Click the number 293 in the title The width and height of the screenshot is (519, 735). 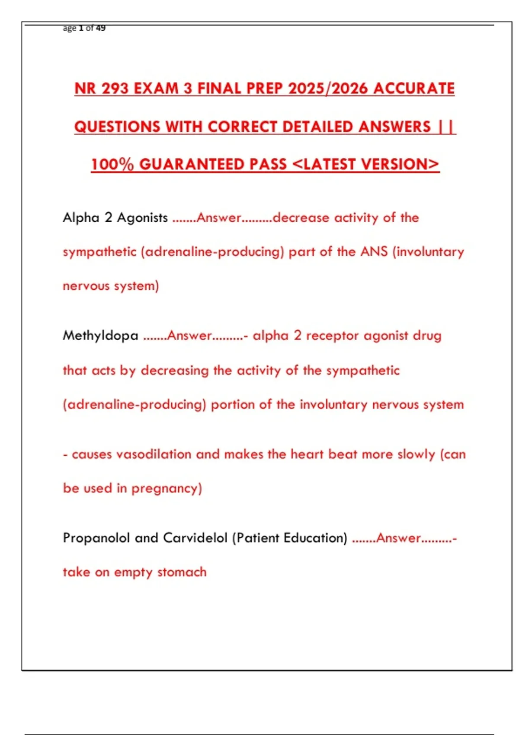coord(115,89)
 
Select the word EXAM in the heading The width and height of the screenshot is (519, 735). coord(156,89)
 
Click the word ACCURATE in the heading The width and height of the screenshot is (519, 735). coord(414,89)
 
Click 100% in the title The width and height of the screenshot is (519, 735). coord(112,164)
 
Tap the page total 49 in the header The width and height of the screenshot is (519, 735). coord(101,28)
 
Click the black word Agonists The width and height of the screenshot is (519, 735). coord(142,217)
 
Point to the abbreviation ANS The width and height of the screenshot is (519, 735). coord(374,252)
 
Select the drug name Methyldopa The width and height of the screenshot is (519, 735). coord(100,336)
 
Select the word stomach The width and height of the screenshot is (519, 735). coord(182,572)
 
